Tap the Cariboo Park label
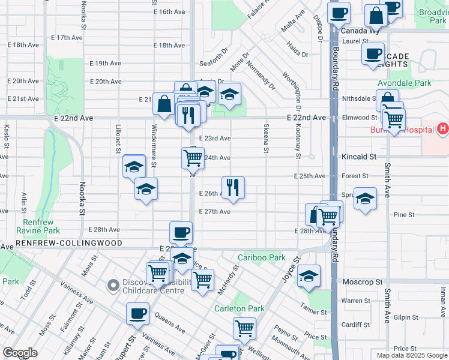pos(262,257)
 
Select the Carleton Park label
pos(240,308)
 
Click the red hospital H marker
pos(442,128)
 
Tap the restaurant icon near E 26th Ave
pos(233,187)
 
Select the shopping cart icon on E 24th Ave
pos(193,158)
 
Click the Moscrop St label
pos(362,281)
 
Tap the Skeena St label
pos(265,138)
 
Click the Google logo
pos(20,353)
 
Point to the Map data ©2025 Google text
pos(411,355)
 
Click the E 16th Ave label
pos(168,12)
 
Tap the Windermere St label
pos(154,144)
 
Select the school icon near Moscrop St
pos(309,275)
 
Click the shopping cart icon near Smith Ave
pos(394,119)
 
